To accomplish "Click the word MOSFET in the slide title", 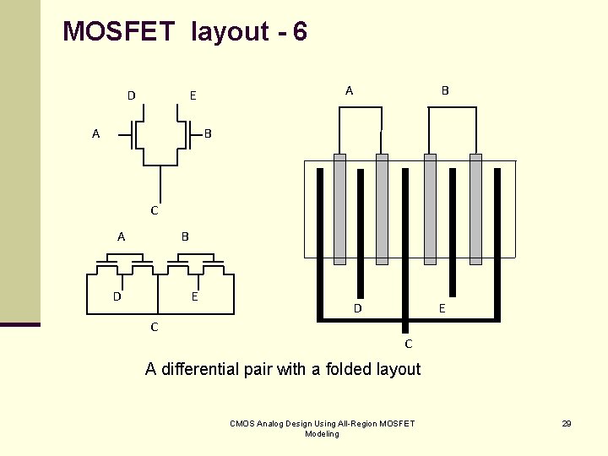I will (118, 32).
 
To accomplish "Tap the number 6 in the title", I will (300, 32).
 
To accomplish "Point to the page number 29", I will (567, 423).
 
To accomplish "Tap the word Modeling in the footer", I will (321, 434).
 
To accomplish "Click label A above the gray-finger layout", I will (350, 90).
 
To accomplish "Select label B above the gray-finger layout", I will (445, 90).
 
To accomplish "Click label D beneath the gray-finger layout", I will (358, 309).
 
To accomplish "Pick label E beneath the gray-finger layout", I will (442, 309).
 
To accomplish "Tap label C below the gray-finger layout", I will (409, 344).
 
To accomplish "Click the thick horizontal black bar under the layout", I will (409, 318).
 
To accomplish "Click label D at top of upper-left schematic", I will (131, 95).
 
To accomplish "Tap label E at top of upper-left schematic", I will (193, 95).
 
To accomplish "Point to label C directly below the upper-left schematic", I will (154, 209).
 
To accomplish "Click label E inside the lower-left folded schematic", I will (194, 296).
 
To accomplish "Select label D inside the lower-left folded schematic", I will (117, 296).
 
